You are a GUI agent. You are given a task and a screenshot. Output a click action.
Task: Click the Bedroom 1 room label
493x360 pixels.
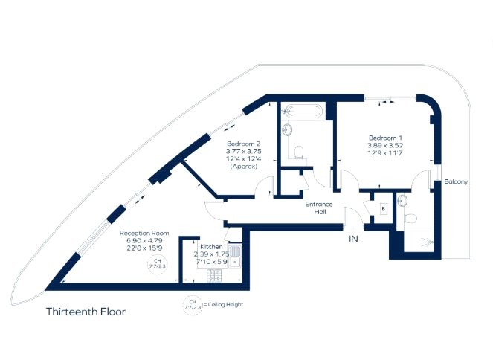click(x=385, y=138)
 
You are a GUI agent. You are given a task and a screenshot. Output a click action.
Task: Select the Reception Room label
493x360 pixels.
click(x=144, y=234)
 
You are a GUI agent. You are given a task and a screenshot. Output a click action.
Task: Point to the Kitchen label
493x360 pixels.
click(x=210, y=245)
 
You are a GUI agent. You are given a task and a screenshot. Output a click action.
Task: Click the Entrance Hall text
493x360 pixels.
click(x=319, y=208)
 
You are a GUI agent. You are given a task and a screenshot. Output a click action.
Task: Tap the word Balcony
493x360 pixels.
click(x=455, y=181)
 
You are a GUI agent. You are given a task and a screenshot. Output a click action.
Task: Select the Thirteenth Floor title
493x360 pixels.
click(x=86, y=312)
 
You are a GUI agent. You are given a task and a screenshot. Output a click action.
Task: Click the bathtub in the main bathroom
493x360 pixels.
click(x=302, y=113)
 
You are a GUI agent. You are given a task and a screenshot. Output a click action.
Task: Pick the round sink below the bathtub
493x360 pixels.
click(x=286, y=131)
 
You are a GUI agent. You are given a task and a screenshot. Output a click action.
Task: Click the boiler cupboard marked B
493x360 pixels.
click(x=382, y=209)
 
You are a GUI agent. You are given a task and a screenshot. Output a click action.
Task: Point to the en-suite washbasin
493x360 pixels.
click(x=402, y=199)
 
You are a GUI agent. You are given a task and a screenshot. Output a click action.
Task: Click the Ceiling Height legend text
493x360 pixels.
click(x=226, y=305)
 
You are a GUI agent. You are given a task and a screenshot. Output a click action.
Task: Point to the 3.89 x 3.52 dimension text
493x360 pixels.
click(x=385, y=147)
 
